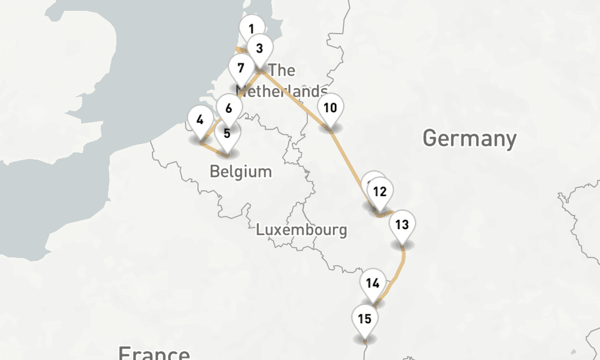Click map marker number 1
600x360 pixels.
click(x=251, y=28)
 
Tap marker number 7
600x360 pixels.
click(x=241, y=68)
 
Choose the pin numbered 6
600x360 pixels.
click(x=229, y=109)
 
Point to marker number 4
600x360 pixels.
click(x=200, y=119)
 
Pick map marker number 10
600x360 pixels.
click(x=330, y=108)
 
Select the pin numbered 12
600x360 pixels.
click(x=379, y=192)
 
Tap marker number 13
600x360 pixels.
click(x=402, y=225)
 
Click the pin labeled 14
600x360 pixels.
click(x=373, y=283)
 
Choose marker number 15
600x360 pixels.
click(x=365, y=319)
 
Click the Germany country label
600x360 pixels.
click(x=469, y=139)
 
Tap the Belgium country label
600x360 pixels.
click(x=241, y=172)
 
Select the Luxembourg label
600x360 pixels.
click(x=301, y=229)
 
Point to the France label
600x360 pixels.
click(x=154, y=352)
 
